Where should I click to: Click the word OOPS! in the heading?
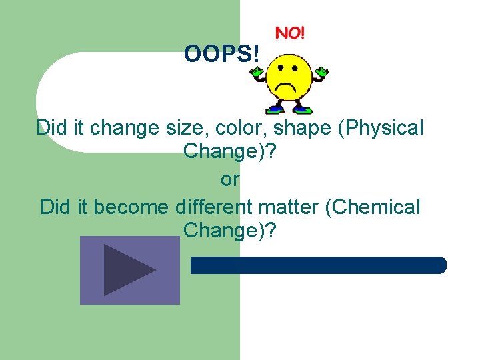coord(222,53)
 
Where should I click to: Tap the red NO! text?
coord(290,33)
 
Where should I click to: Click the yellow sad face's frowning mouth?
coord(289,87)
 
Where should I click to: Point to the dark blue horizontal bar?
coord(319,265)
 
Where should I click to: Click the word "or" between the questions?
coord(230,179)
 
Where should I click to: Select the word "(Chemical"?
coord(373,207)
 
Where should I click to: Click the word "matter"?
coord(289,207)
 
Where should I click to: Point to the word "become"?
coord(131,207)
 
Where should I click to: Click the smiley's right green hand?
coord(323,71)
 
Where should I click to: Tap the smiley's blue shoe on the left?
coord(273,109)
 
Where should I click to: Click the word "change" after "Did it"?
coord(117,127)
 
